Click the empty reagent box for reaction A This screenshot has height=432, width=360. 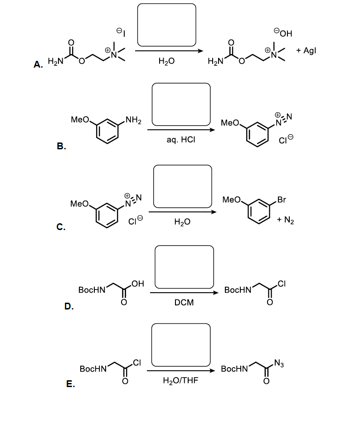pos(166,25)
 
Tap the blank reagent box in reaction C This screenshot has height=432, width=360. pos(182,185)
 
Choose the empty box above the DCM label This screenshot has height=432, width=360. pos(184,266)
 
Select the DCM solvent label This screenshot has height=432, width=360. pos(184,303)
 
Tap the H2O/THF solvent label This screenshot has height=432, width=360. pos(180,383)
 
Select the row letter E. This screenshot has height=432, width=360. pos(70,384)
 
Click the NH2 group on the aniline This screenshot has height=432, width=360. pos(133,120)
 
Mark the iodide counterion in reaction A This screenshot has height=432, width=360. pos(120,31)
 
